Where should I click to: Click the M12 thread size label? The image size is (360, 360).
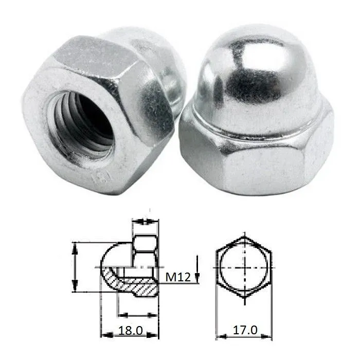point(179,278)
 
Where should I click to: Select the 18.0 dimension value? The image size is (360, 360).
point(130,330)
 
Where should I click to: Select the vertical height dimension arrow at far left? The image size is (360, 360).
point(76,268)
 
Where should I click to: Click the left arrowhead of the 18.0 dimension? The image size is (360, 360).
point(103,335)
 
